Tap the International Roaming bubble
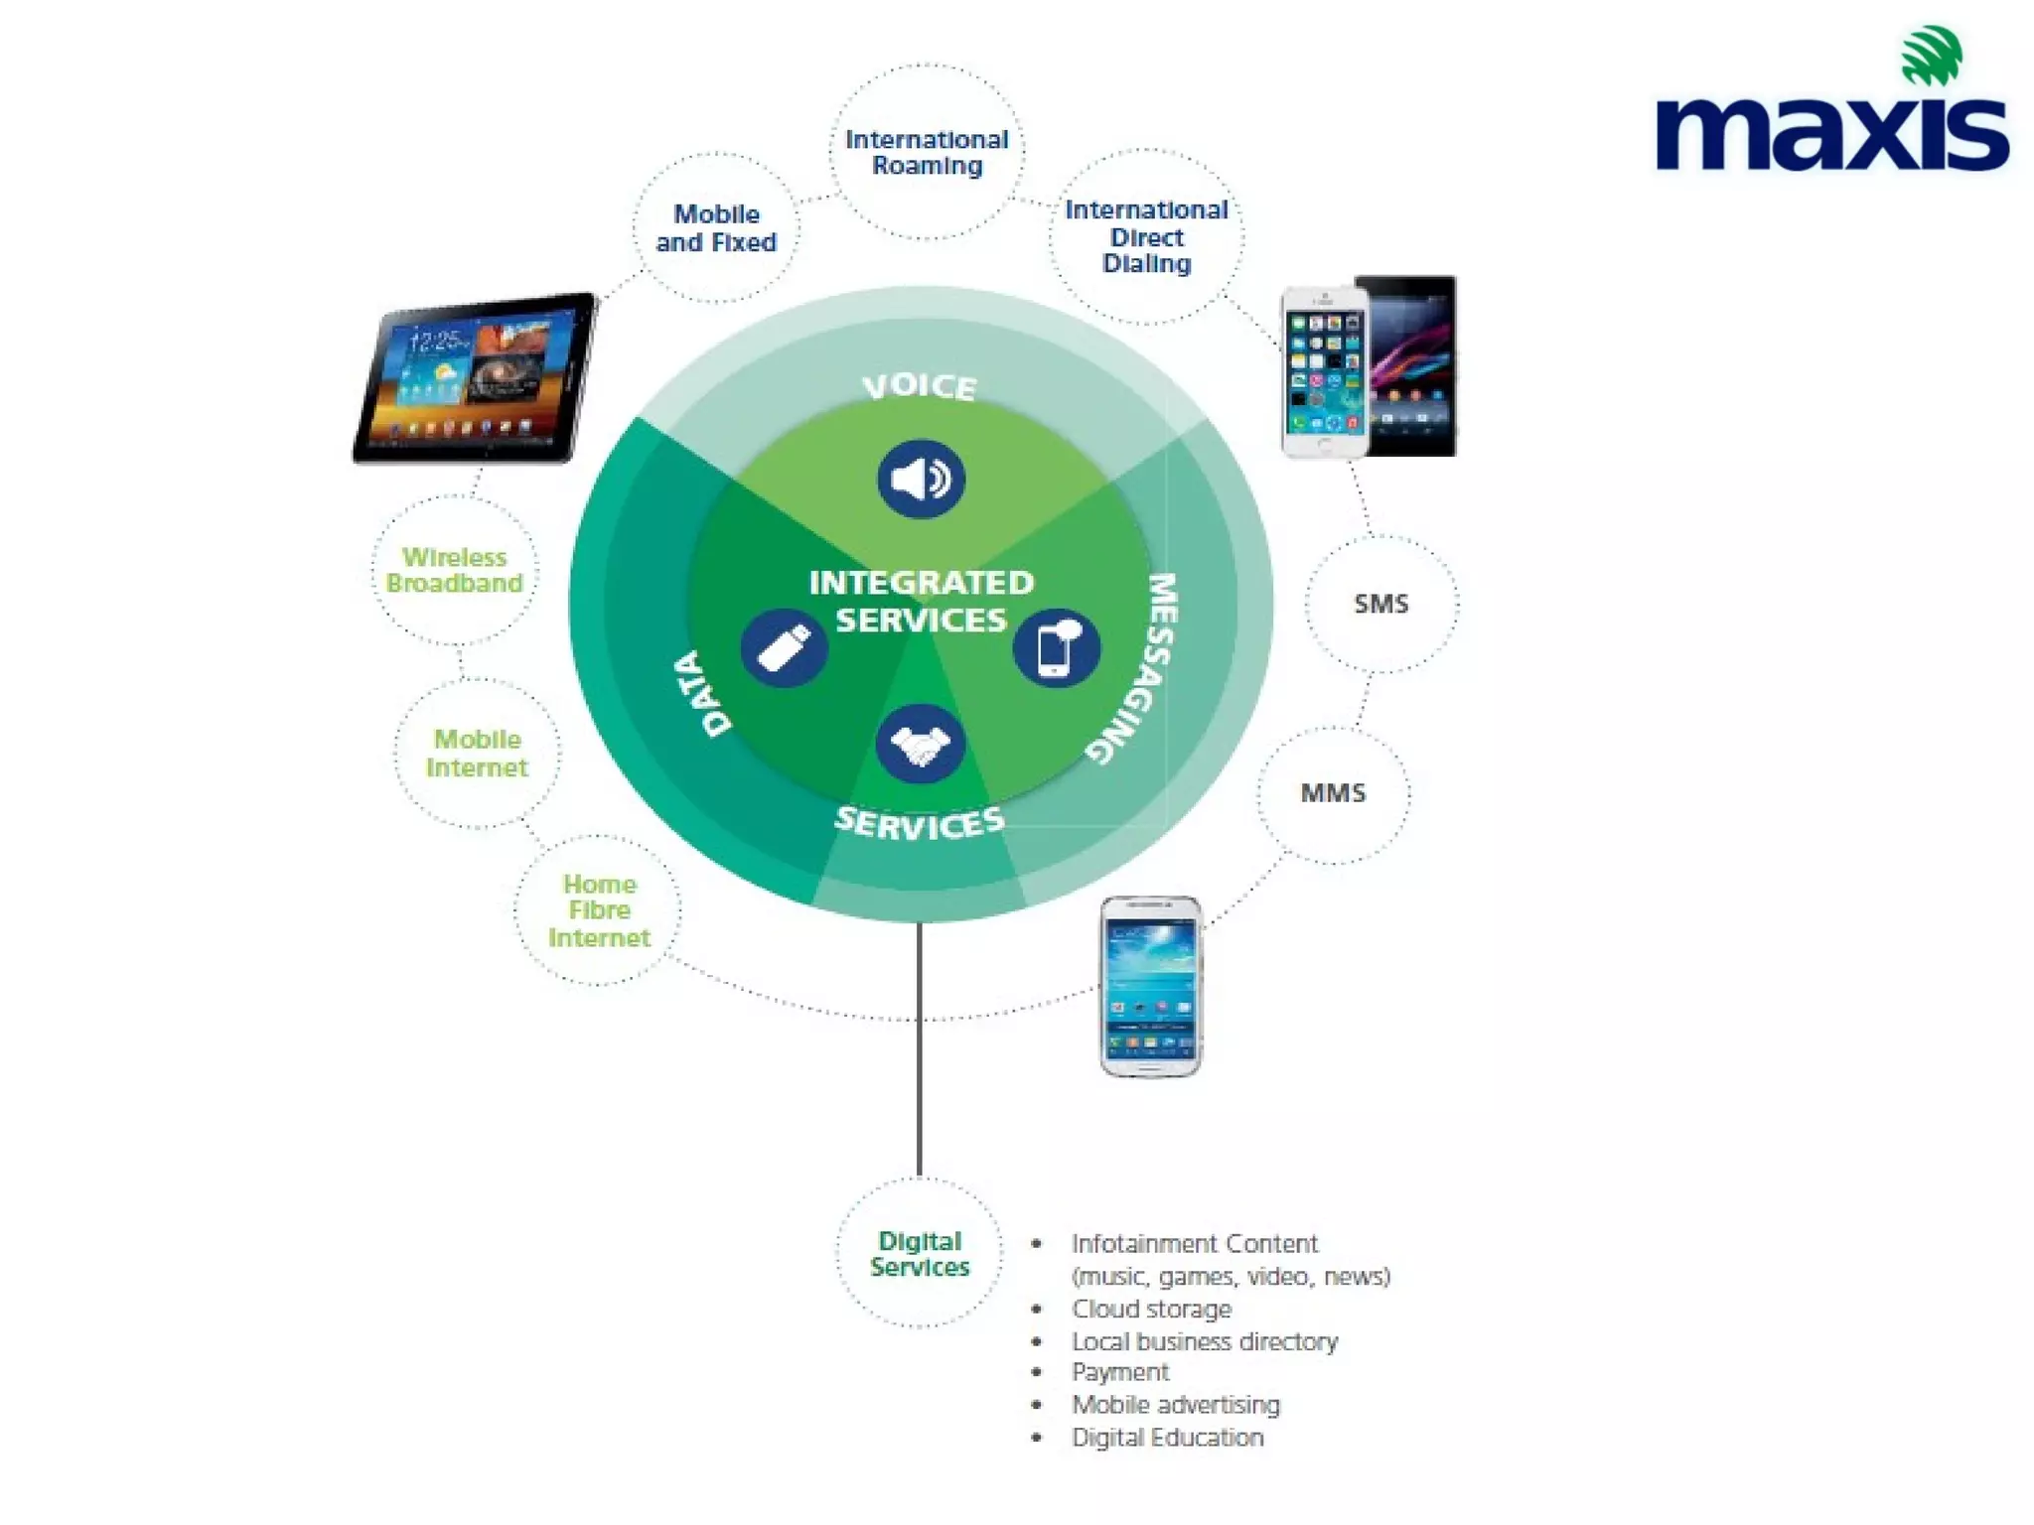[x=927, y=153]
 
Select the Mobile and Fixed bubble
[x=716, y=228]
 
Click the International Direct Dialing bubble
[x=1146, y=236]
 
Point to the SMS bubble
[x=1380, y=604]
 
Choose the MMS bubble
[x=1333, y=793]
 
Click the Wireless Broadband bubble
[x=455, y=570]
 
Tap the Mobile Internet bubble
[x=477, y=754]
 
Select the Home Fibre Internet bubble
[x=599, y=910]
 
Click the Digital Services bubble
[x=920, y=1254]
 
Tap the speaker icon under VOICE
[x=921, y=480]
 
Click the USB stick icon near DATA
[x=785, y=649]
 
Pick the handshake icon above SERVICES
[x=920, y=744]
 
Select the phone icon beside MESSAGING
[x=1056, y=648]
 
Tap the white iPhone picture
[x=1324, y=371]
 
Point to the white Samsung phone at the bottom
[x=1150, y=986]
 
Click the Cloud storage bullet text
[x=1151, y=1310]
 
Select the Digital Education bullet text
[x=1167, y=1438]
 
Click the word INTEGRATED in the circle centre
[x=921, y=583]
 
